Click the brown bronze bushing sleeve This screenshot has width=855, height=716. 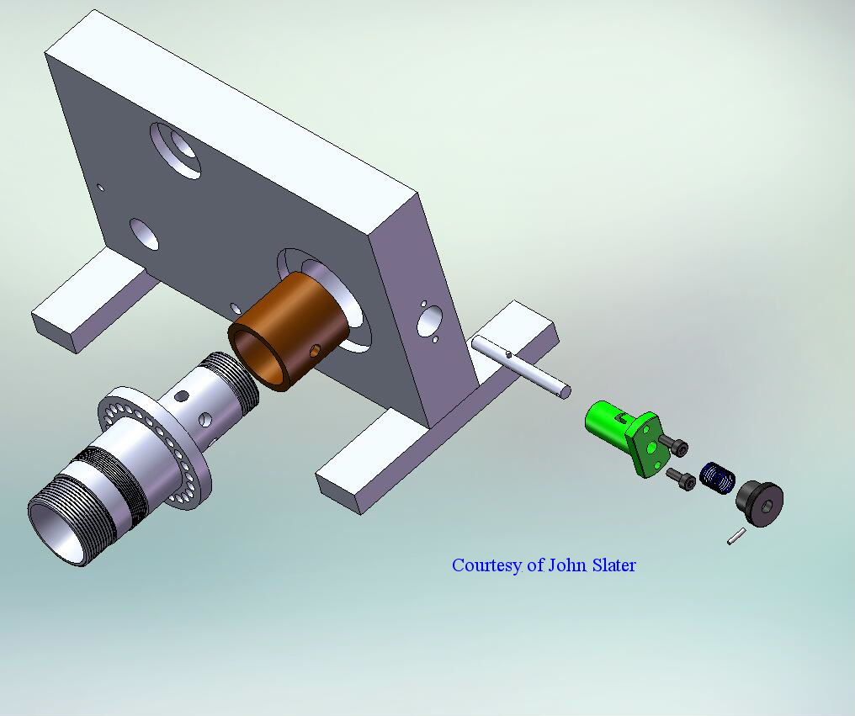click(289, 330)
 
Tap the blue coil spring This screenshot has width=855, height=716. click(717, 477)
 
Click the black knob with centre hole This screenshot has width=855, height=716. click(760, 503)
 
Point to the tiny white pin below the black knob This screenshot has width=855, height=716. click(736, 536)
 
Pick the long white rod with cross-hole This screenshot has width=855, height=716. click(521, 367)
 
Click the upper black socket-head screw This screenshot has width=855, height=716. click(674, 445)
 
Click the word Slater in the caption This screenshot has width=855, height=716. click(614, 565)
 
